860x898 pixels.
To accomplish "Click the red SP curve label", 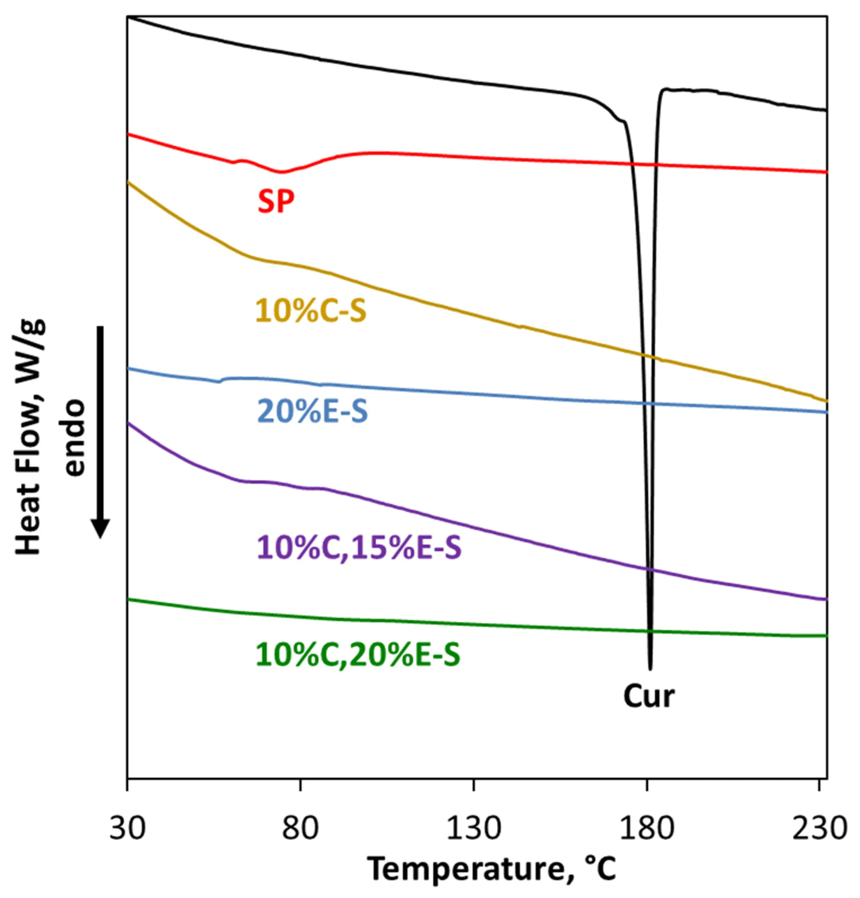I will [276, 202].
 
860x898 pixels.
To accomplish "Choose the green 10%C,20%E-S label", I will [358, 655].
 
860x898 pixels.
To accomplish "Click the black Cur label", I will [649, 697].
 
